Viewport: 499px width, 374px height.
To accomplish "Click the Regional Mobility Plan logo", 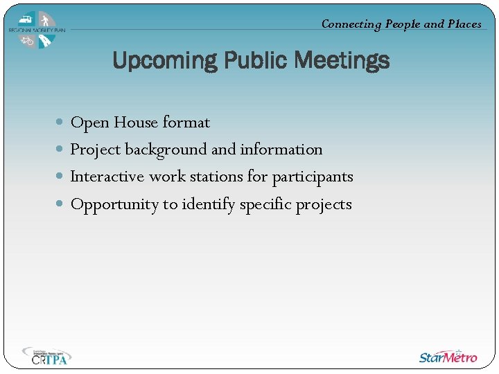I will [x=37, y=30].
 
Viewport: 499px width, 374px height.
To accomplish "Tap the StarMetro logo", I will [x=448, y=357].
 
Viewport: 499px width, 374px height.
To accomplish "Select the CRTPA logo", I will [x=46, y=356].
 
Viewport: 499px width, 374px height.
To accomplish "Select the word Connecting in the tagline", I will [x=351, y=24].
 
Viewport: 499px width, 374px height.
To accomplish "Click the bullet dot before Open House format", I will [x=60, y=123].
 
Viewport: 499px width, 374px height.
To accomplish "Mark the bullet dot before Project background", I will [x=60, y=150].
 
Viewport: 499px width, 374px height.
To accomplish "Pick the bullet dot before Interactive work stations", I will [x=60, y=177].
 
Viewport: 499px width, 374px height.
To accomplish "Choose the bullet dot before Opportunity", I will [x=60, y=204].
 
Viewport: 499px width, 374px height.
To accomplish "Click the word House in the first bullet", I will [x=136, y=123].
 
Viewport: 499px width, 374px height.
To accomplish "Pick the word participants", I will [x=312, y=177].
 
